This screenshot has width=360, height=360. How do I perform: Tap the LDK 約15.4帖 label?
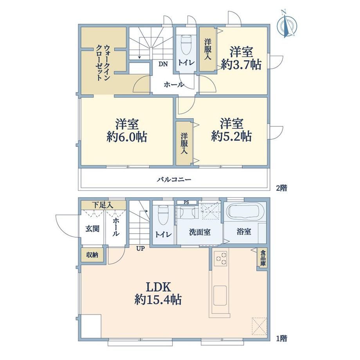[158, 293]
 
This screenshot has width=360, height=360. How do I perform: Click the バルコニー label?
[174, 179]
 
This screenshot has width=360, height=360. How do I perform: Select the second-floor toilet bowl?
[186, 45]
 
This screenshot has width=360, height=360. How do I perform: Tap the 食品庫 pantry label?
[263, 258]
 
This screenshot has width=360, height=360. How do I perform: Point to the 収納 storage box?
[92, 255]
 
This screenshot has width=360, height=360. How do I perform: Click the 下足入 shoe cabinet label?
[103, 205]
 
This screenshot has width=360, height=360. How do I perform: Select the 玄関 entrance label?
[92, 229]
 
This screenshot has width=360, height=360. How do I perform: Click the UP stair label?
[140, 248]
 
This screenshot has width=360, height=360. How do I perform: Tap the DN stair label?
[163, 64]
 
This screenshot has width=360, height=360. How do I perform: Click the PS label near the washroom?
[186, 203]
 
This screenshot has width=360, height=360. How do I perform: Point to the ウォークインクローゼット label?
[103, 63]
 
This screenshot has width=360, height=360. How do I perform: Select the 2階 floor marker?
[281, 188]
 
